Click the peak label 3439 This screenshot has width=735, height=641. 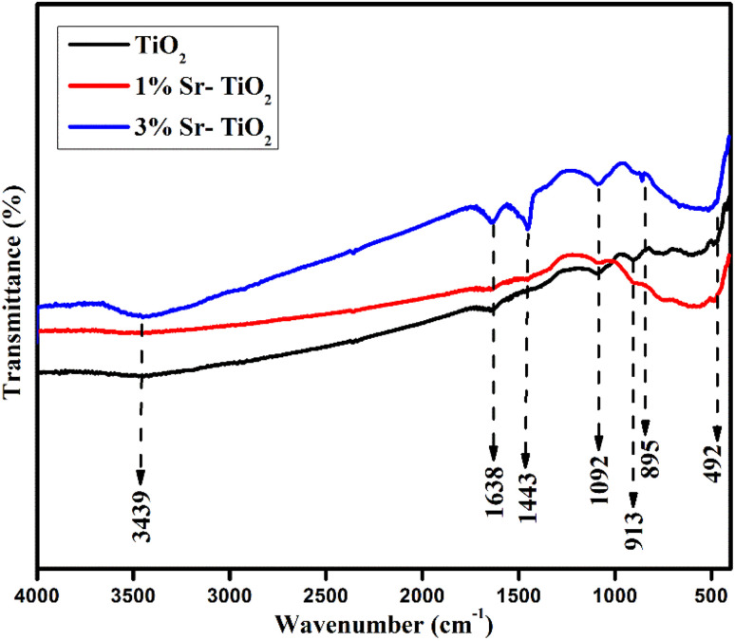click(x=141, y=517)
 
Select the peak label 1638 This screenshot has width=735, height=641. click(x=493, y=492)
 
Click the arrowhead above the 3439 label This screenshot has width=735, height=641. click(x=141, y=478)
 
